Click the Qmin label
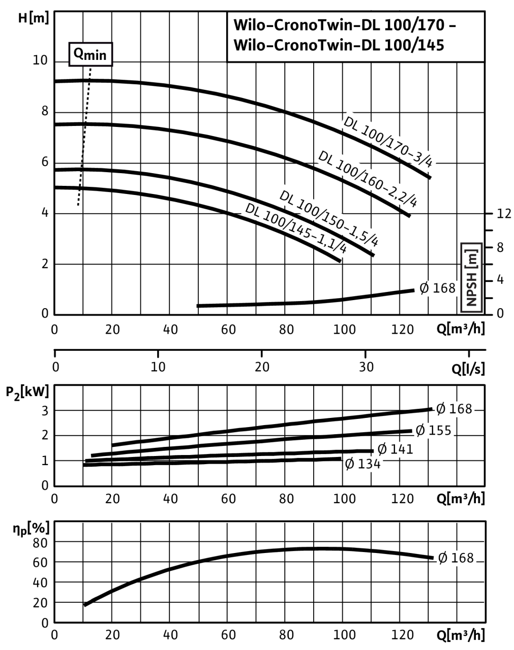coord(90,54)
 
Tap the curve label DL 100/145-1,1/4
coord(296,229)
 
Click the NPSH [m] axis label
coord(471,277)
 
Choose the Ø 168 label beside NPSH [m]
coord(437,288)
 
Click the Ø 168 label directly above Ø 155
coord(455,409)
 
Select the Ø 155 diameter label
coord(433,431)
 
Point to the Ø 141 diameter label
coord(396,449)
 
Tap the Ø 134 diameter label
coord(363,464)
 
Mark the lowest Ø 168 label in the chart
coord(456,558)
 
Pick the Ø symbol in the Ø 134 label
coord(349,464)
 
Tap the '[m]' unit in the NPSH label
coord(471,256)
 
